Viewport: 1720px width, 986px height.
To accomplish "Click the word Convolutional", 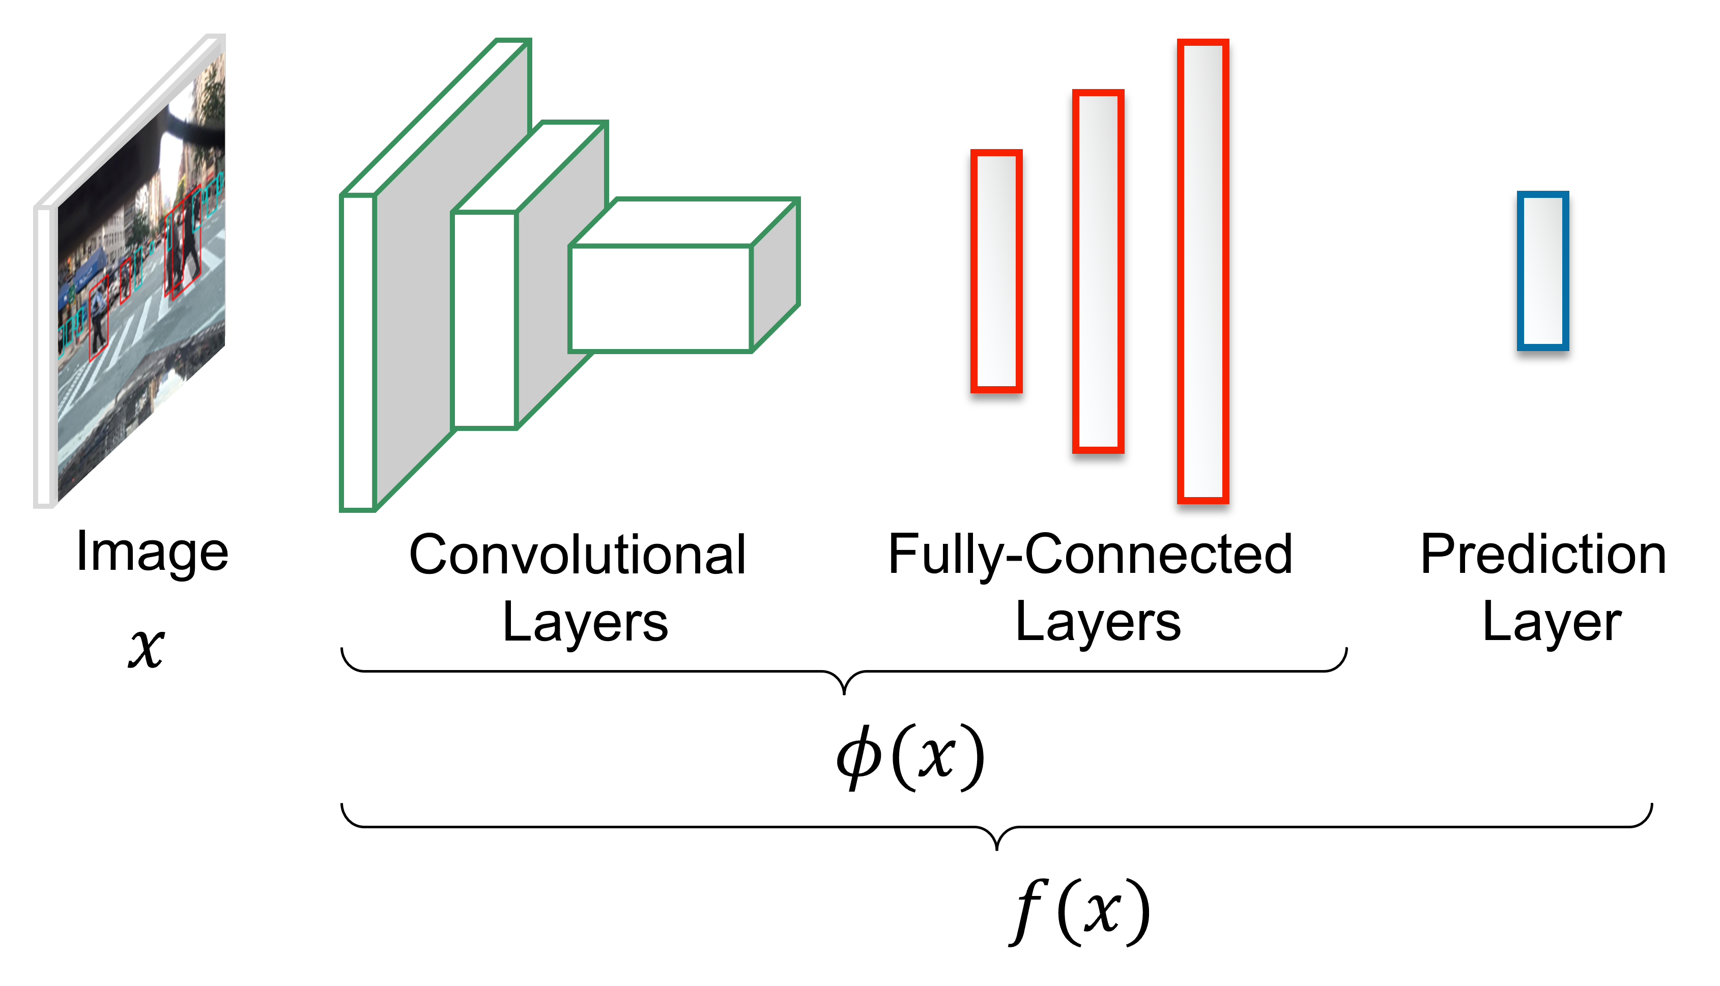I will point(577,555).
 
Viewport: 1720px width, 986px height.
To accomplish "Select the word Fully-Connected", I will point(1090,555).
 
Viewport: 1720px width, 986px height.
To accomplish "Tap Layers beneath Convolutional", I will point(585,622).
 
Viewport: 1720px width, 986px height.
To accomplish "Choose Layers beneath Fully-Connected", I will point(1098,622).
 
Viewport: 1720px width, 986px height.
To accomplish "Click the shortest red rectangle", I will point(996,271).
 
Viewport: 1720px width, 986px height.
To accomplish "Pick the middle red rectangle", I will point(1098,271).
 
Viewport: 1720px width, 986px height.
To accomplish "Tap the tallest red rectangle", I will point(1202,271).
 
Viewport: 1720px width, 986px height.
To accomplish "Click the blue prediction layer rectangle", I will point(1542,271).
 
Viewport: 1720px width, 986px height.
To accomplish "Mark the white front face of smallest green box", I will point(660,299).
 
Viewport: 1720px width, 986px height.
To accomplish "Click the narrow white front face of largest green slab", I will point(358,352).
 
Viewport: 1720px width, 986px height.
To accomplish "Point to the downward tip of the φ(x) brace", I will point(844,692).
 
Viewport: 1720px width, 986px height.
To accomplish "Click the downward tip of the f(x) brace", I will point(996,848).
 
